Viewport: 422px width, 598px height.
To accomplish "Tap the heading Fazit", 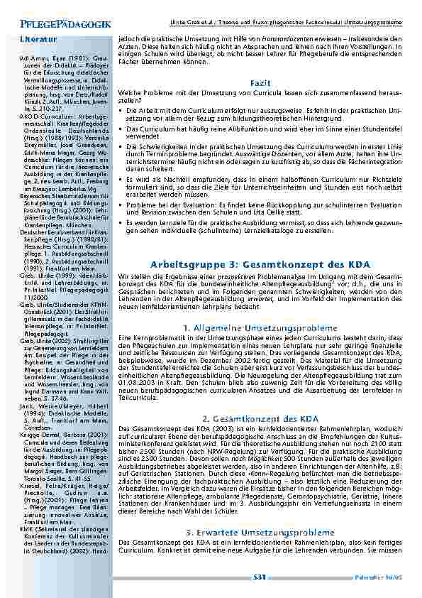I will point(260,84).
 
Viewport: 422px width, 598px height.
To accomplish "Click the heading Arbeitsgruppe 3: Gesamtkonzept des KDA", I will point(260,263).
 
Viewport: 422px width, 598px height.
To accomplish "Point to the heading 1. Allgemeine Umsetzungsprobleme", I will point(260,327).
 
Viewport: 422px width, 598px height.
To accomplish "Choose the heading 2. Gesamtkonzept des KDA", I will point(260,419).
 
